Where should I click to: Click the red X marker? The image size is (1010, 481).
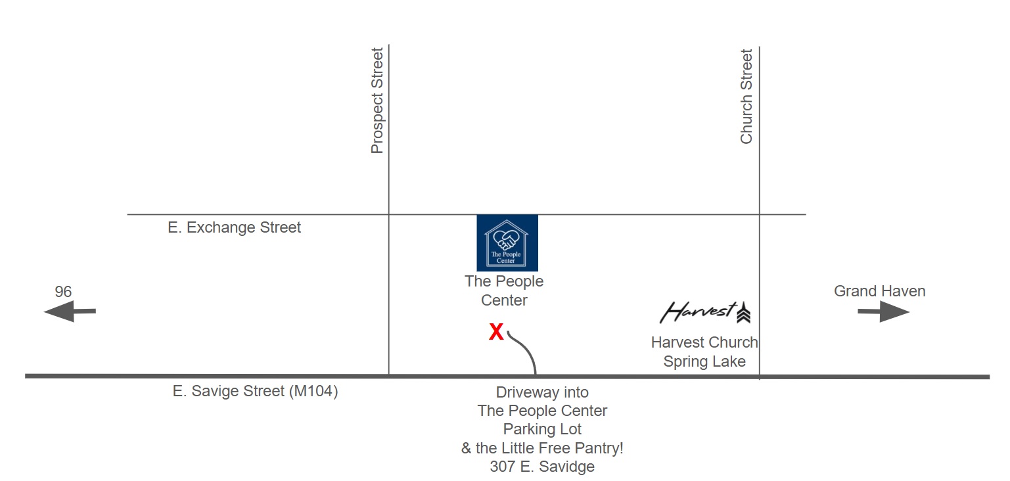(x=496, y=332)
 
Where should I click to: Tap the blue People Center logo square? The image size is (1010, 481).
(x=507, y=243)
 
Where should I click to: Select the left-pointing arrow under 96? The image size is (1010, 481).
(x=70, y=311)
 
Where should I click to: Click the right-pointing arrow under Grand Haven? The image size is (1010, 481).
(x=883, y=311)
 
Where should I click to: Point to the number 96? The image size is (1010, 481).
(x=63, y=292)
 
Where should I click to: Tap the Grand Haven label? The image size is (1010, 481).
(x=880, y=291)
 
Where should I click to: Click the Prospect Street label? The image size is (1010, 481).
(x=377, y=101)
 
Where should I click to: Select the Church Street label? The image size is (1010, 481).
(x=746, y=97)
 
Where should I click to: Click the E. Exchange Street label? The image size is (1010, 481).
(x=234, y=227)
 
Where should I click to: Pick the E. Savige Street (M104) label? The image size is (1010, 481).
(x=255, y=391)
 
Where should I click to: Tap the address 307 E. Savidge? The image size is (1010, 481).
(x=542, y=467)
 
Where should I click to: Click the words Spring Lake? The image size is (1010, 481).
(x=704, y=361)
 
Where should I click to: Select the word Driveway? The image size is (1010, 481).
(x=526, y=392)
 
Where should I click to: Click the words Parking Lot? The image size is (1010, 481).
(x=542, y=429)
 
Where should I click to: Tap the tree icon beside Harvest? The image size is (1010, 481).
(x=743, y=312)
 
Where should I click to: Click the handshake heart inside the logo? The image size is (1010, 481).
(x=506, y=239)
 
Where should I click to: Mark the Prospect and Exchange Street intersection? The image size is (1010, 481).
(x=388, y=215)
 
